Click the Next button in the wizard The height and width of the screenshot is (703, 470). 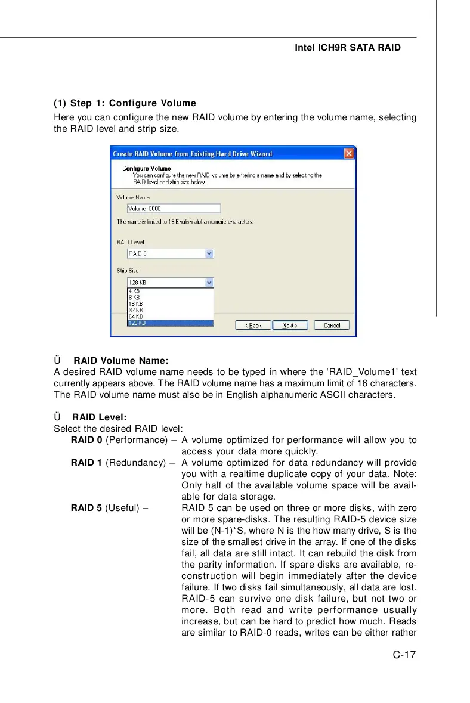tap(290, 326)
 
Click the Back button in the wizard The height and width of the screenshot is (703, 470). tap(253, 326)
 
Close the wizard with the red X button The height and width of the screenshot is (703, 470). tap(349, 154)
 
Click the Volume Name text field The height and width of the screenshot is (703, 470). tap(174, 208)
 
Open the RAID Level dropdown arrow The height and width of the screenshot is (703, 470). tap(209, 253)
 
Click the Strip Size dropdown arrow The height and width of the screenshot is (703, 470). tap(209, 283)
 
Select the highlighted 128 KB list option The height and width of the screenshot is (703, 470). tap(170, 323)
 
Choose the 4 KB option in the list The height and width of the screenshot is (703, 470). tap(170, 291)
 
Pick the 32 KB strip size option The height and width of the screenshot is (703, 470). tap(170, 310)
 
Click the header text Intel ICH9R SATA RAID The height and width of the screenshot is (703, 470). tap(348, 47)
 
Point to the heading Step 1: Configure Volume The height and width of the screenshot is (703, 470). tap(125, 103)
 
